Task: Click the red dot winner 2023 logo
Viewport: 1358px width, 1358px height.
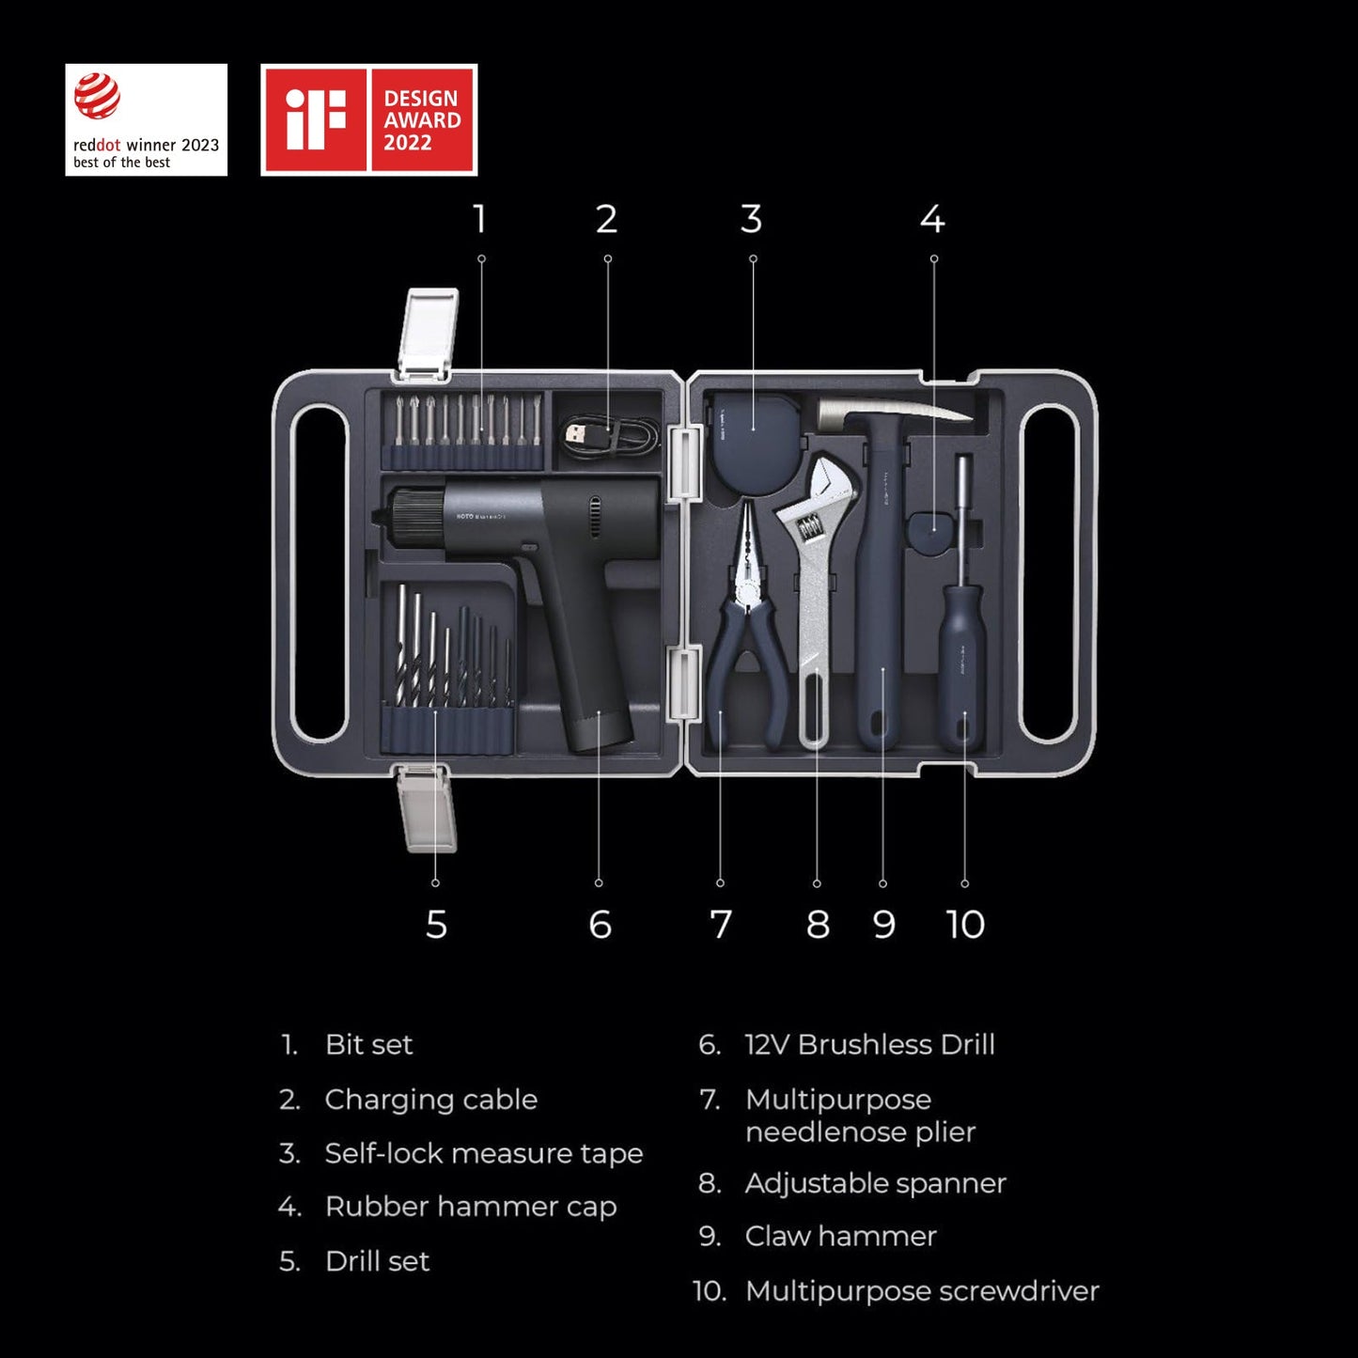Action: [x=146, y=119]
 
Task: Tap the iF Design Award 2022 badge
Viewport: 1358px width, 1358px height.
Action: [x=368, y=119]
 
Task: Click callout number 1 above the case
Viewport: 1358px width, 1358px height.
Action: [x=480, y=220]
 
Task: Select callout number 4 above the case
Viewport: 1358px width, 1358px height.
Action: [x=932, y=220]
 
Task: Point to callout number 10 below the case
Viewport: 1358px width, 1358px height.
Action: [x=965, y=925]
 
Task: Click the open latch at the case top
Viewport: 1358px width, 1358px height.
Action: [x=428, y=334]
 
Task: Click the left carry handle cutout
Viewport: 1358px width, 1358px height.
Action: [x=320, y=573]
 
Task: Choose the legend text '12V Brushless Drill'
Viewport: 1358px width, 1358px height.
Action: [x=869, y=1045]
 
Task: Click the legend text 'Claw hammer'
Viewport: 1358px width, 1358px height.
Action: [x=840, y=1237]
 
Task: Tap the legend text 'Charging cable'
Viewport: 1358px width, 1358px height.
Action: [x=430, y=1100]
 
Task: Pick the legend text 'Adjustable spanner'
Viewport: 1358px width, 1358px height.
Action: [x=875, y=1183]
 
